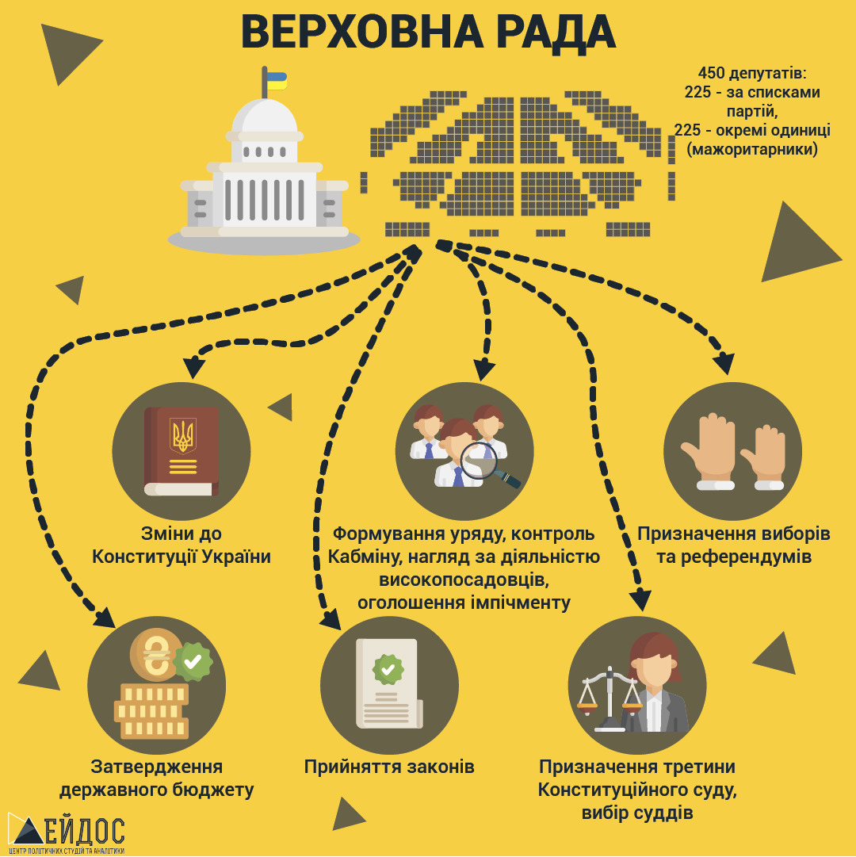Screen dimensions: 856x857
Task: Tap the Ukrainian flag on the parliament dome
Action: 277,80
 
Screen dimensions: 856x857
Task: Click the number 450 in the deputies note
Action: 712,73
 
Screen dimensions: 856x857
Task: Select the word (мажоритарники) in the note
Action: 752,149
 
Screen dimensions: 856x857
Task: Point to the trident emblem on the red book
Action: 183,436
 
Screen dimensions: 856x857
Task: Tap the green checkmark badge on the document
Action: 388,669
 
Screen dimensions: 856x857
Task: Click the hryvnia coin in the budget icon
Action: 156,654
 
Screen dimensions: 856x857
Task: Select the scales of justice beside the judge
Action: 610,699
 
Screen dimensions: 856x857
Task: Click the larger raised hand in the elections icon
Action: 708,451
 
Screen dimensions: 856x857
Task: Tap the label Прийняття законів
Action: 389,767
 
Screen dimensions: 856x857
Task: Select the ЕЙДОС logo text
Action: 84,831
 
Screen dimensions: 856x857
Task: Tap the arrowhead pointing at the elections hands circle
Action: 724,363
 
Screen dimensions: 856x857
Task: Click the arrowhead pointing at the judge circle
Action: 640,600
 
